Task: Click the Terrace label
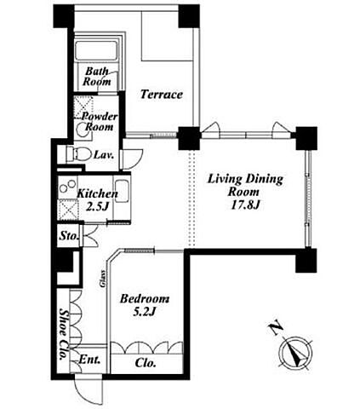click(x=162, y=95)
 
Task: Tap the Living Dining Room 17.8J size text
click(x=245, y=205)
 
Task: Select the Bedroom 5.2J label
click(x=145, y=305)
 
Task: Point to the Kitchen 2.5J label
click(x=97, y=200)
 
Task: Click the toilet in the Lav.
click(x=77, y=154)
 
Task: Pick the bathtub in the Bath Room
click(x=96, y=51)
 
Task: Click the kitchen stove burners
click(x=67, y=187)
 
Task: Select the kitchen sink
click(x=122, y=192)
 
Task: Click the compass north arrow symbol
click(x=295, y=353)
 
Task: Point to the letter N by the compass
click(x=276, y=328)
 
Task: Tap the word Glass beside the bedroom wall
click(x=103, y=279)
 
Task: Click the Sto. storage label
click(x=68, y=236)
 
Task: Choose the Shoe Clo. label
click(x=64, y=334)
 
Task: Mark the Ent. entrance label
click(x=89, y=360)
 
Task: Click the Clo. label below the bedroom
click(x=146, y=363)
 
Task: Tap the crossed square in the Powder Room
click(x=83, y=107)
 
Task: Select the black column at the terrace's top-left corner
click(x=63, y=16)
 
